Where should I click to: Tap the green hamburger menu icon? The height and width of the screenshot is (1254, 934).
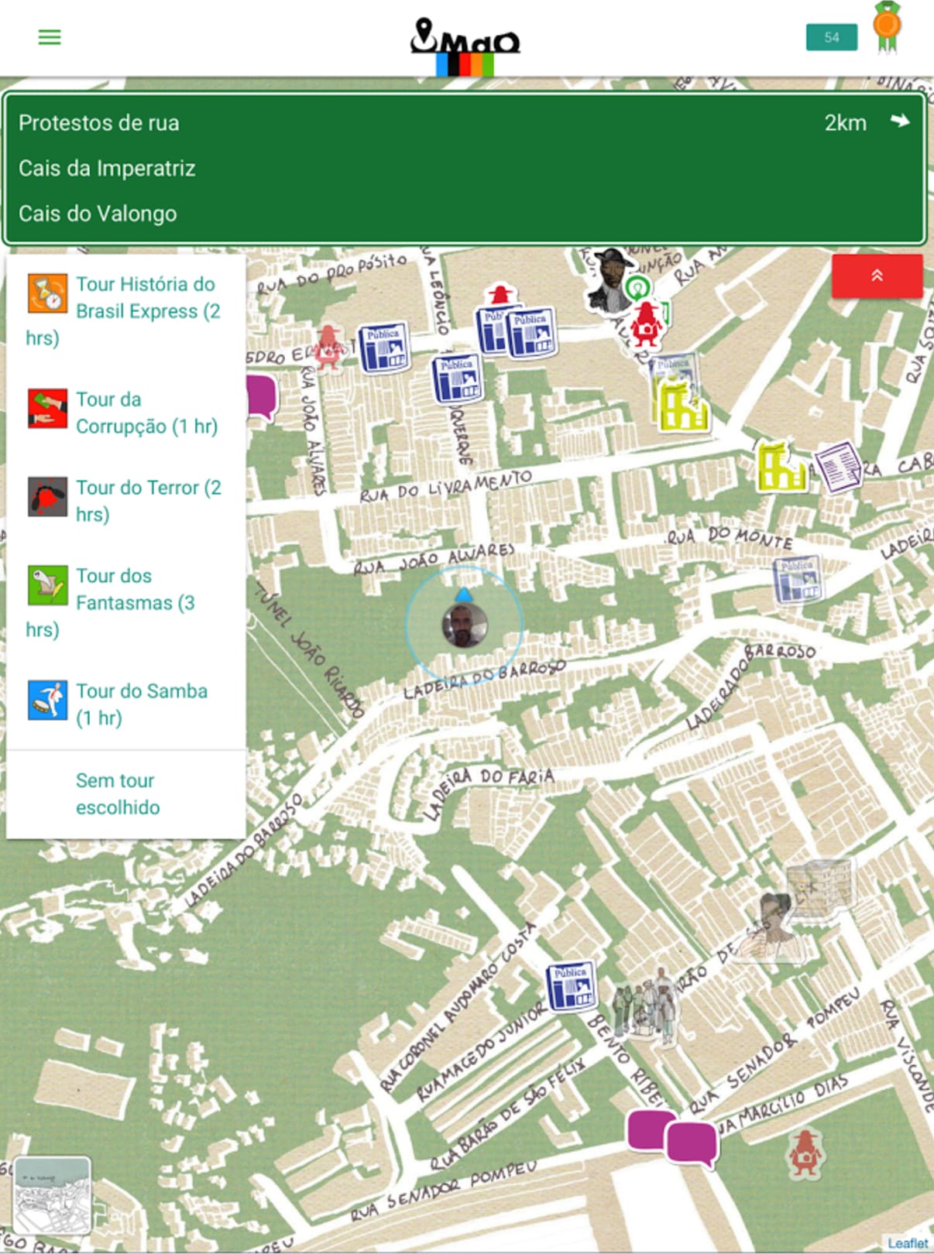50,37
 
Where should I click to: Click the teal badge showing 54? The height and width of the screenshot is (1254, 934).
831,37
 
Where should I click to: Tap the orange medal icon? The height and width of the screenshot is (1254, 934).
887,28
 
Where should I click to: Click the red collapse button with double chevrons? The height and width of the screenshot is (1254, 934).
877,276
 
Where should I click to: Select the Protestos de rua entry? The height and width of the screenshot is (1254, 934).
99,123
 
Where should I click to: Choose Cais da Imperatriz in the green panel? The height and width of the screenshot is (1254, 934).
107,168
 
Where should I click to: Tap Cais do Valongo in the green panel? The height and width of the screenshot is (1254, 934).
98,214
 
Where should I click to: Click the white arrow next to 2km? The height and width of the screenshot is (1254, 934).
899,121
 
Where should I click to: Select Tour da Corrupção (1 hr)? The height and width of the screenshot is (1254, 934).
146,413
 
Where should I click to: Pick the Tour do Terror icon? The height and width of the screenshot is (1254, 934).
47,496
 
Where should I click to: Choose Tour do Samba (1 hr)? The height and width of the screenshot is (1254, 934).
141,704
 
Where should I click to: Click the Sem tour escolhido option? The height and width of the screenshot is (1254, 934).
118,793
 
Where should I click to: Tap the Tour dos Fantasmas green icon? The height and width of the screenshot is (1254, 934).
47,584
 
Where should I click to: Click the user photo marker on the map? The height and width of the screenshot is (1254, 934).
464,625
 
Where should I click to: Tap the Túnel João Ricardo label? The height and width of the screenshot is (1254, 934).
310,650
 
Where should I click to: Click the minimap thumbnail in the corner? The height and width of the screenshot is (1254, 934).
52,1195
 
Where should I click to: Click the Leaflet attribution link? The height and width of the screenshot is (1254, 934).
908,1243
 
